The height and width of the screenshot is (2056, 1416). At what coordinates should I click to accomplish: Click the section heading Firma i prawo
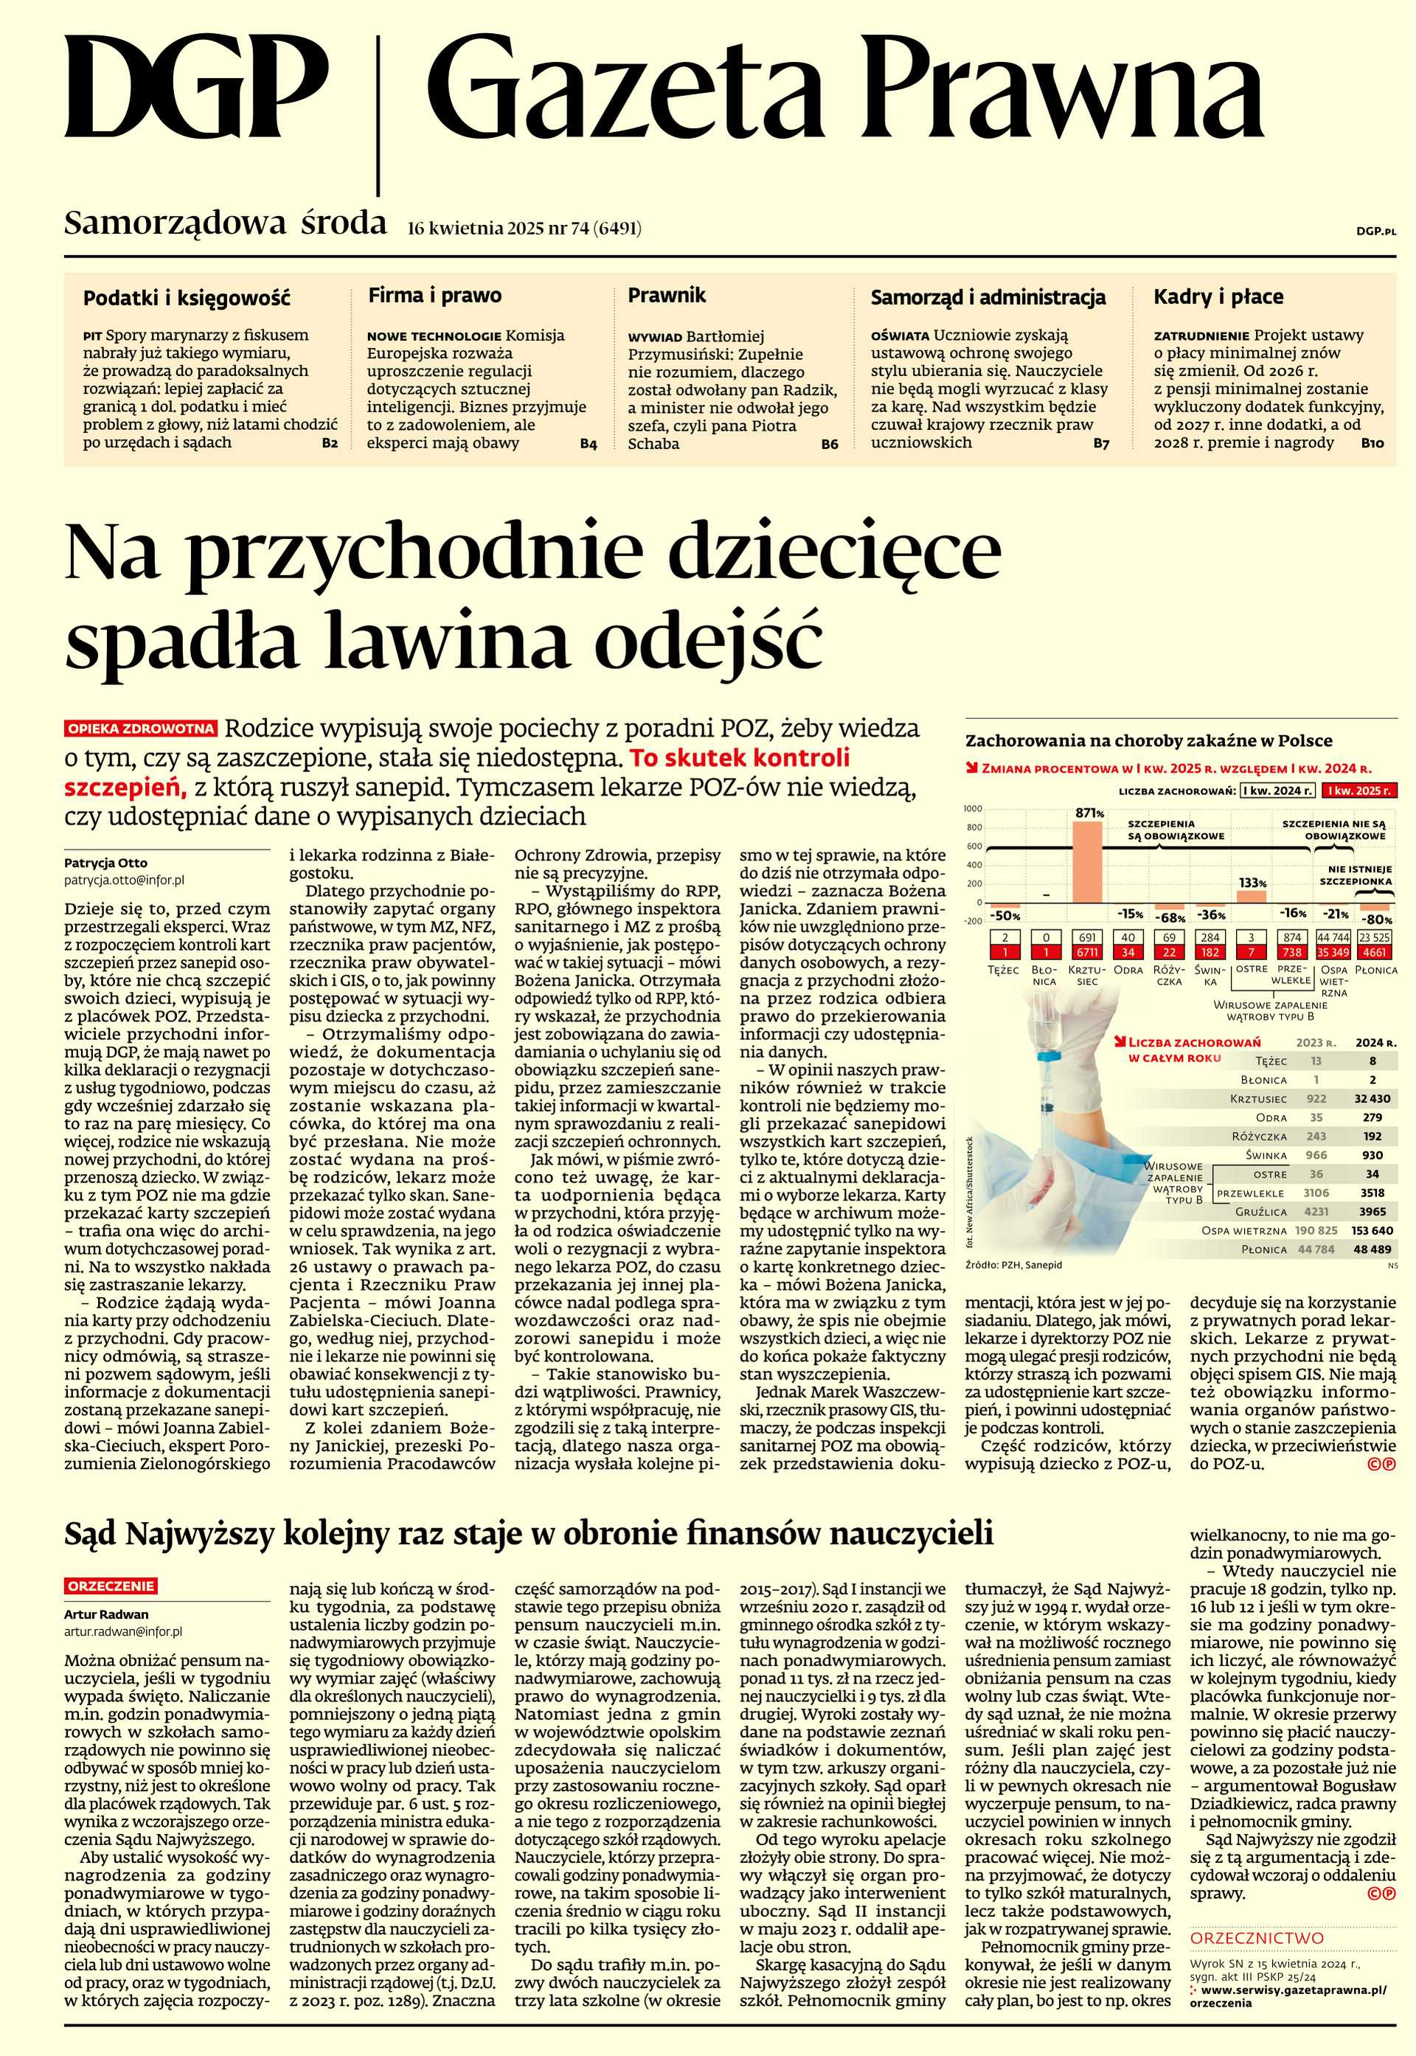coord(434,296)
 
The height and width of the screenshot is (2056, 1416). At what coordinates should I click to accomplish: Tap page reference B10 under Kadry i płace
coord(1372,442)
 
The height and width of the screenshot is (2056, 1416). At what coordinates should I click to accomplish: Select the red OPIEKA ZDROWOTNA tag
coord(141,729)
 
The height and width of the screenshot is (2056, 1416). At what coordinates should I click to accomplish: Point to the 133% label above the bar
coord(1252,883)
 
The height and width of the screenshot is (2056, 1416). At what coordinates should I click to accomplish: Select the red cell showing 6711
coord(1087,952)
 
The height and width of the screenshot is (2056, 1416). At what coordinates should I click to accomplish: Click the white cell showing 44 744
coord(1334,937)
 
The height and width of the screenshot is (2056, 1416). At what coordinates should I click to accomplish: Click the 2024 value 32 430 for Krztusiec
coord(1372,1098)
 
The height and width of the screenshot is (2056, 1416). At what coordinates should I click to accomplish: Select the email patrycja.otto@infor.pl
coord(124,881)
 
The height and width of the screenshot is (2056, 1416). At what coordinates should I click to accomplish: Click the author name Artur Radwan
coord(105,1614)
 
